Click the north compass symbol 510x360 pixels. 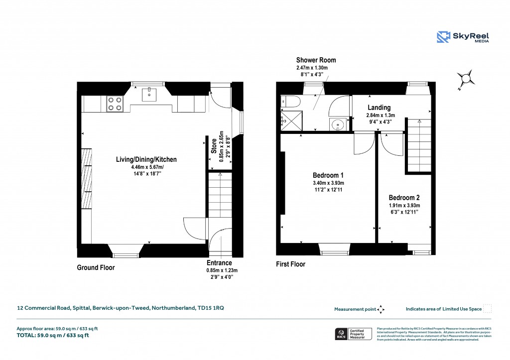466,79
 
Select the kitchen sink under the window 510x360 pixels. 149,95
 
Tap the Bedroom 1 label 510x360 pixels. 328,175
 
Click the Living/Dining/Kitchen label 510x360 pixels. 146,160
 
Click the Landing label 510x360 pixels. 379,108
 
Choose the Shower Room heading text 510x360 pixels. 312,60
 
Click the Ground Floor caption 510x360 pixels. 96,268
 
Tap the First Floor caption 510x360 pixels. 290,264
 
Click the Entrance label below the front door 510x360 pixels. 219,263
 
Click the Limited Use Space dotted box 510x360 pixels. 488,309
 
